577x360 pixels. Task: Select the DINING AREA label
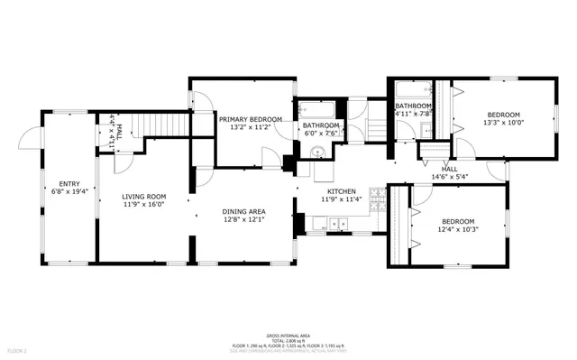pos(244,211)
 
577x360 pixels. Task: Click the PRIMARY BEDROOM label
pos(250,118)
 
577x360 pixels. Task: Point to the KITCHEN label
pos(342,191)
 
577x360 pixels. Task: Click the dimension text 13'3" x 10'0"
pos(504,124)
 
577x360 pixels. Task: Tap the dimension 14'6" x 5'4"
pos(449,178)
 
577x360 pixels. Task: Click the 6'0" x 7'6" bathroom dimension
pos(320,134)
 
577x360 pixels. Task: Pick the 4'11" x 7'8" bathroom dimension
pos(414,115)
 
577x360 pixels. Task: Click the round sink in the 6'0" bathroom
pos(316,152)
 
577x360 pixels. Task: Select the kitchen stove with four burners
pos(380,214)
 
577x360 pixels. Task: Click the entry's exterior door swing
pos(31,138)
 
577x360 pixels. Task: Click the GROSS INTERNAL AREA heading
pos(288,333)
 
